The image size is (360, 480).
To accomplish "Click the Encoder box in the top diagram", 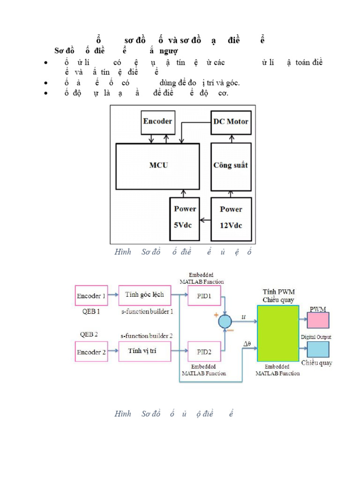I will click(157, 122).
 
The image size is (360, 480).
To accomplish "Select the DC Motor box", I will click(231, 122).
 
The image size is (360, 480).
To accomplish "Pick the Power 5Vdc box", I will click(185, 217).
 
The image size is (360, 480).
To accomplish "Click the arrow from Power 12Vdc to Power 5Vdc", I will click(205, 219).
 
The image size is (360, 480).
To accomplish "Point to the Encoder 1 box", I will click(91, 296).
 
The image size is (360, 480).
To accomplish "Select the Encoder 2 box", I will click(91, 352).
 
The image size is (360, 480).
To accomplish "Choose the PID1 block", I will click(204, 296).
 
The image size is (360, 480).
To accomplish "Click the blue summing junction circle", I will click(225, 322).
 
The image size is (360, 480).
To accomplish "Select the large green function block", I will click(278, 333).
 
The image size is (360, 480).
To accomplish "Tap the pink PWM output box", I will click(318, 320).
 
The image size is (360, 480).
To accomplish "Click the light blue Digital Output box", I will click(318, 349).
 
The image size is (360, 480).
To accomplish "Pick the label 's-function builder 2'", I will click(146, 336).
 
